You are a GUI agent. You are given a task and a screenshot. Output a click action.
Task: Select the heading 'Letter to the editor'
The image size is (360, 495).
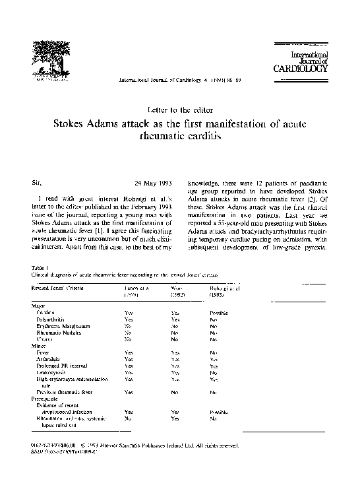(179, 108)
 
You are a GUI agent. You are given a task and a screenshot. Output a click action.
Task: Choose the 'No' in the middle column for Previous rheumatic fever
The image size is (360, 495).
(175, 392)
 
